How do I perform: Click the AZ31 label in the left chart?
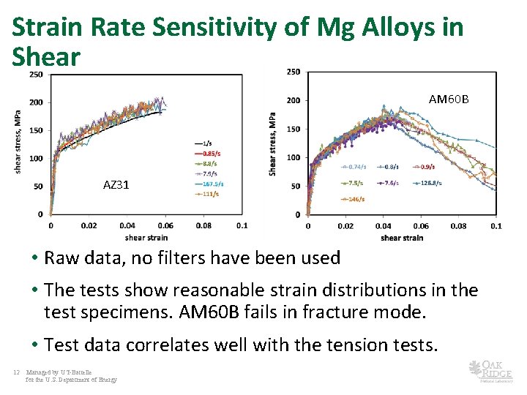(x=116, y=185)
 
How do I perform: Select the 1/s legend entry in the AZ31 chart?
(x=209, y=143)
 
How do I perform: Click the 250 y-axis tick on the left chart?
(x=35, y=75)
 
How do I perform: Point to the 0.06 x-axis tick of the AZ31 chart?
(x=165, y=226)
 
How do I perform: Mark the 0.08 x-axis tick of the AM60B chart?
(x=459, y=226)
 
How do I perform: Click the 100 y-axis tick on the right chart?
(x=293, y=157)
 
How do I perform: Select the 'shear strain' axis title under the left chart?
(x=146, y=237)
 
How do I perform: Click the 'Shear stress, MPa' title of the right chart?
(x=273, y=143)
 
